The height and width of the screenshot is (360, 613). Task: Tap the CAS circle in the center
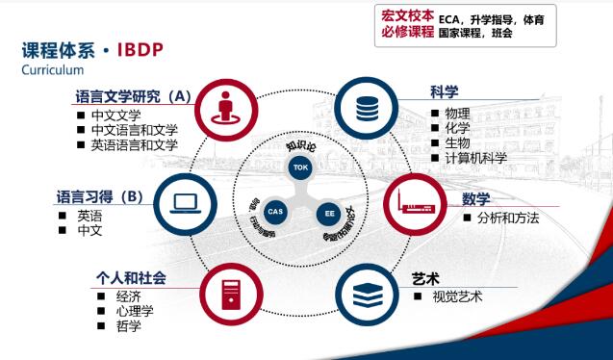[275, 211]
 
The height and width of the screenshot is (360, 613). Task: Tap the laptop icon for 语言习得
[185, 202]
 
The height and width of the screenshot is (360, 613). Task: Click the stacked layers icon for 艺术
[366, 293]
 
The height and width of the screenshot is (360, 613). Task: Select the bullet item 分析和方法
[507, 218]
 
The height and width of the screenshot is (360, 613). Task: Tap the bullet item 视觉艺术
[457, 296]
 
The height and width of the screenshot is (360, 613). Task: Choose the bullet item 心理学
[135, 311]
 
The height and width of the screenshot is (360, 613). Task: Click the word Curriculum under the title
[52, 70]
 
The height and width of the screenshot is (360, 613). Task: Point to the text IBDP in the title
[145, 49]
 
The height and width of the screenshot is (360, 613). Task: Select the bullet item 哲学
[128, 326]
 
